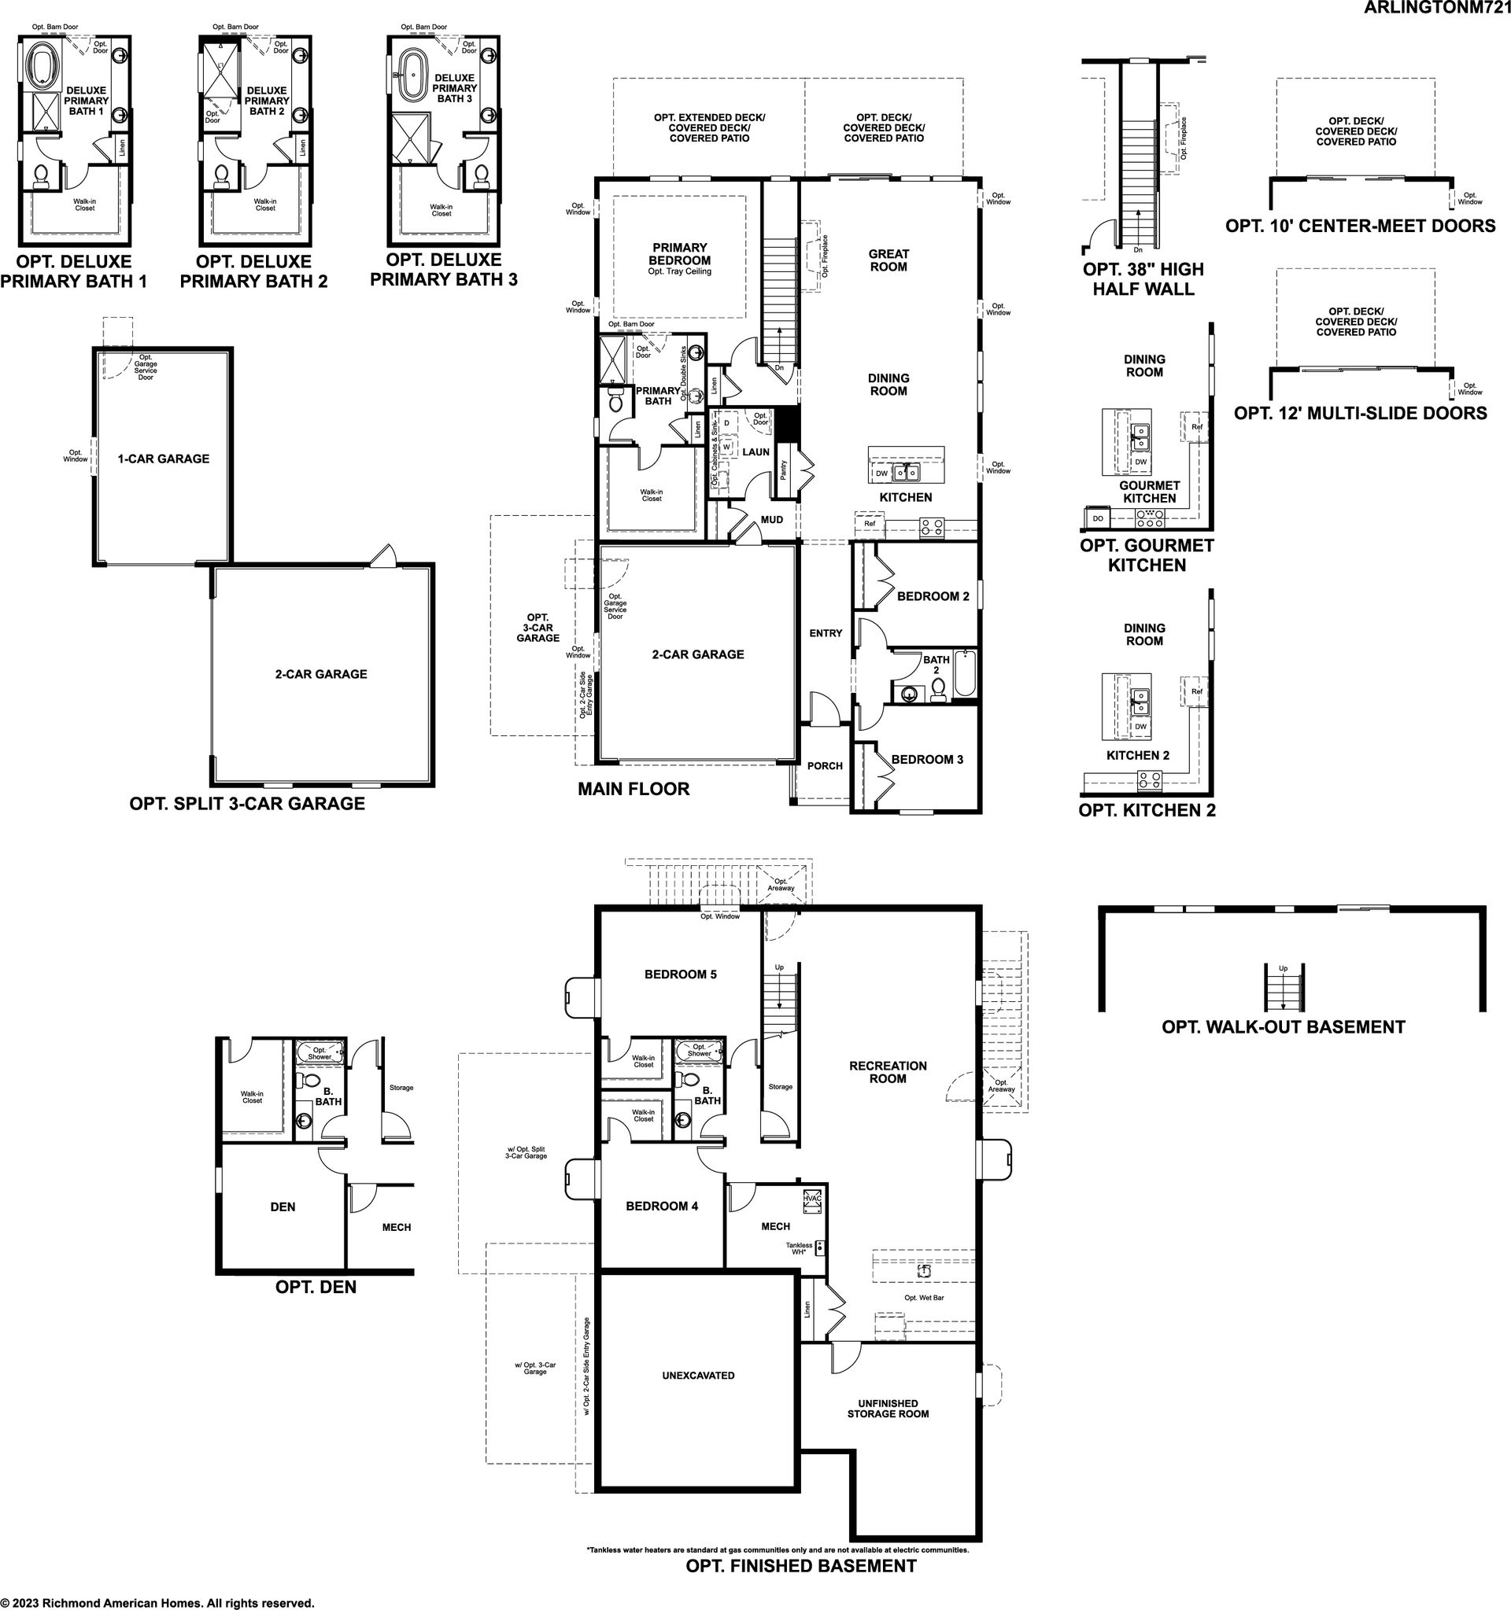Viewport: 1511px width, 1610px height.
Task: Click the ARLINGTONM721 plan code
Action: (x=1436, y=9)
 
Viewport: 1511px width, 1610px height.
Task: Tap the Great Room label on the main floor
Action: (x=888, y=260)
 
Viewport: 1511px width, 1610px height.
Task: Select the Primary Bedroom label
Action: (x=680, y=254)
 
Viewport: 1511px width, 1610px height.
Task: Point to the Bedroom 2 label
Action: (x=933, y=596)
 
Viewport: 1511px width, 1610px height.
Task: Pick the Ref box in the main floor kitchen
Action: (x=870, y=524)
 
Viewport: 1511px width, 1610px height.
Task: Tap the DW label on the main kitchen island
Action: (x=881, y=473)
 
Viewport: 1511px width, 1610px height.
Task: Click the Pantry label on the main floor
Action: (x=784, y=470)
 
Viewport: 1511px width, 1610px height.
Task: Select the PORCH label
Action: (x=825, y=765)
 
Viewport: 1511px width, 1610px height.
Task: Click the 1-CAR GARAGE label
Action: (x=164, y=459)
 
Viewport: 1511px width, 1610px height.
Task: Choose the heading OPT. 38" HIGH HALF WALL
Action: (x=1143, y=279)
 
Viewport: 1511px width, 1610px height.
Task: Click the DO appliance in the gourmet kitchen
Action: (x=1098, y=518)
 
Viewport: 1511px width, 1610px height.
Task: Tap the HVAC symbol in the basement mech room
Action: (x=812, y=1202)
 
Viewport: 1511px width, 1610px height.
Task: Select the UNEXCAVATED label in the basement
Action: (x=698, y=1375)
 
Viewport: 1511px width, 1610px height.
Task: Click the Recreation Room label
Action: (x=888, y=1072)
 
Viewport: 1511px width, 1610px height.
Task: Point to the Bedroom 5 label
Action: (x=681, y=974)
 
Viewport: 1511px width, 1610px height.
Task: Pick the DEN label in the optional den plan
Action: (x=283, y=1207)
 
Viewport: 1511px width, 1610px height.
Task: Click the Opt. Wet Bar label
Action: (x=925, y=1298)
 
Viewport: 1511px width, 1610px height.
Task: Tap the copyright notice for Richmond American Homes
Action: (x=157, y=1603)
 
